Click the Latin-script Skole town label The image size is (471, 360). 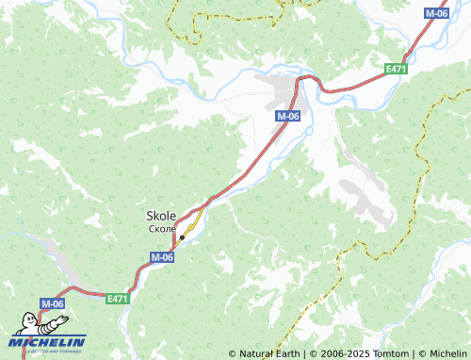(x=161, y=215)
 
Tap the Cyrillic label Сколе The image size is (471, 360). (x=161, y=228)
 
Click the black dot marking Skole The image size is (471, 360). (x=182, y=236)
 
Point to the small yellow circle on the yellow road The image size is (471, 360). (x=188, y=228)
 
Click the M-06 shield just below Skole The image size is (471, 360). (x=162, y=256)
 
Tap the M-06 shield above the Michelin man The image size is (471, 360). (x=51, y=303)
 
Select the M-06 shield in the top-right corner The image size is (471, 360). (x=436, y=13)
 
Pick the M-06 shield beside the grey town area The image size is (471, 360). (x=288, y=115)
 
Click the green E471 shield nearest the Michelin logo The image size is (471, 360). (x=117, y=299)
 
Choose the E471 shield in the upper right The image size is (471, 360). (x=395, y=70)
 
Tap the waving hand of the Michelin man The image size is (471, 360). (x=17, y=316)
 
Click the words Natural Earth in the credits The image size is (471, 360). (x=268, y=353)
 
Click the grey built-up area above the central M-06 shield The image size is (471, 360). (x=283, y=90)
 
